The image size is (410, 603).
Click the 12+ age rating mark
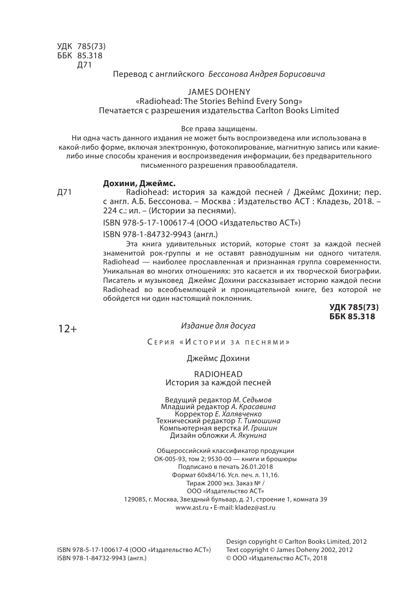click(67, 329)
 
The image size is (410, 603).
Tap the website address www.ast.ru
click(191, 507)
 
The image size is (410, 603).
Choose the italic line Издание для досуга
click(218, 325)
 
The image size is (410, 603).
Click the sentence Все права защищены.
click(218, 129)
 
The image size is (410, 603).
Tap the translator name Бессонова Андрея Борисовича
click(266, 74)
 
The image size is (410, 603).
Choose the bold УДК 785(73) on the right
click(353, 307)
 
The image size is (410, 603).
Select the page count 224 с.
click(116, 211)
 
